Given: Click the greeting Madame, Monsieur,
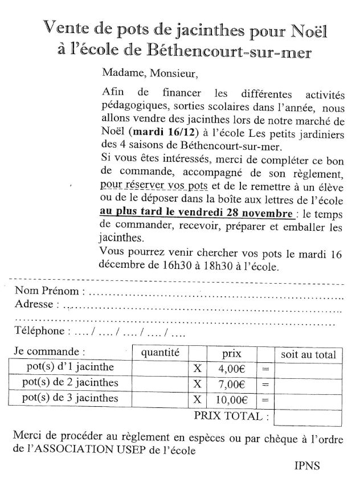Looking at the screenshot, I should pyautogui.click(x=145, y=73).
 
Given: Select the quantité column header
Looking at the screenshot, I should pyautogui.click(x=160, y=353).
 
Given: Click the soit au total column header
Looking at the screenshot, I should pyautogui.click(x=308, y=354).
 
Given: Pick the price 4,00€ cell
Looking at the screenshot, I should pyautogui.click(x=231, y=369).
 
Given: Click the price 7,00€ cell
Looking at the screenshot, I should pyautogui.click(x=231, y=383).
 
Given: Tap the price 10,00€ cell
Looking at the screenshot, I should pyautogui.click(x=231, y=398).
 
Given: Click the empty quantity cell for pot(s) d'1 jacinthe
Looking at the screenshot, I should pyautogui.click(x=160, y=369).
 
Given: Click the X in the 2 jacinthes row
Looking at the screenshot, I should pyautogui.click(x=198, y=383).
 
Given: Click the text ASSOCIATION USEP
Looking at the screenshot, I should pyautogui.click(x=94, y=450).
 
